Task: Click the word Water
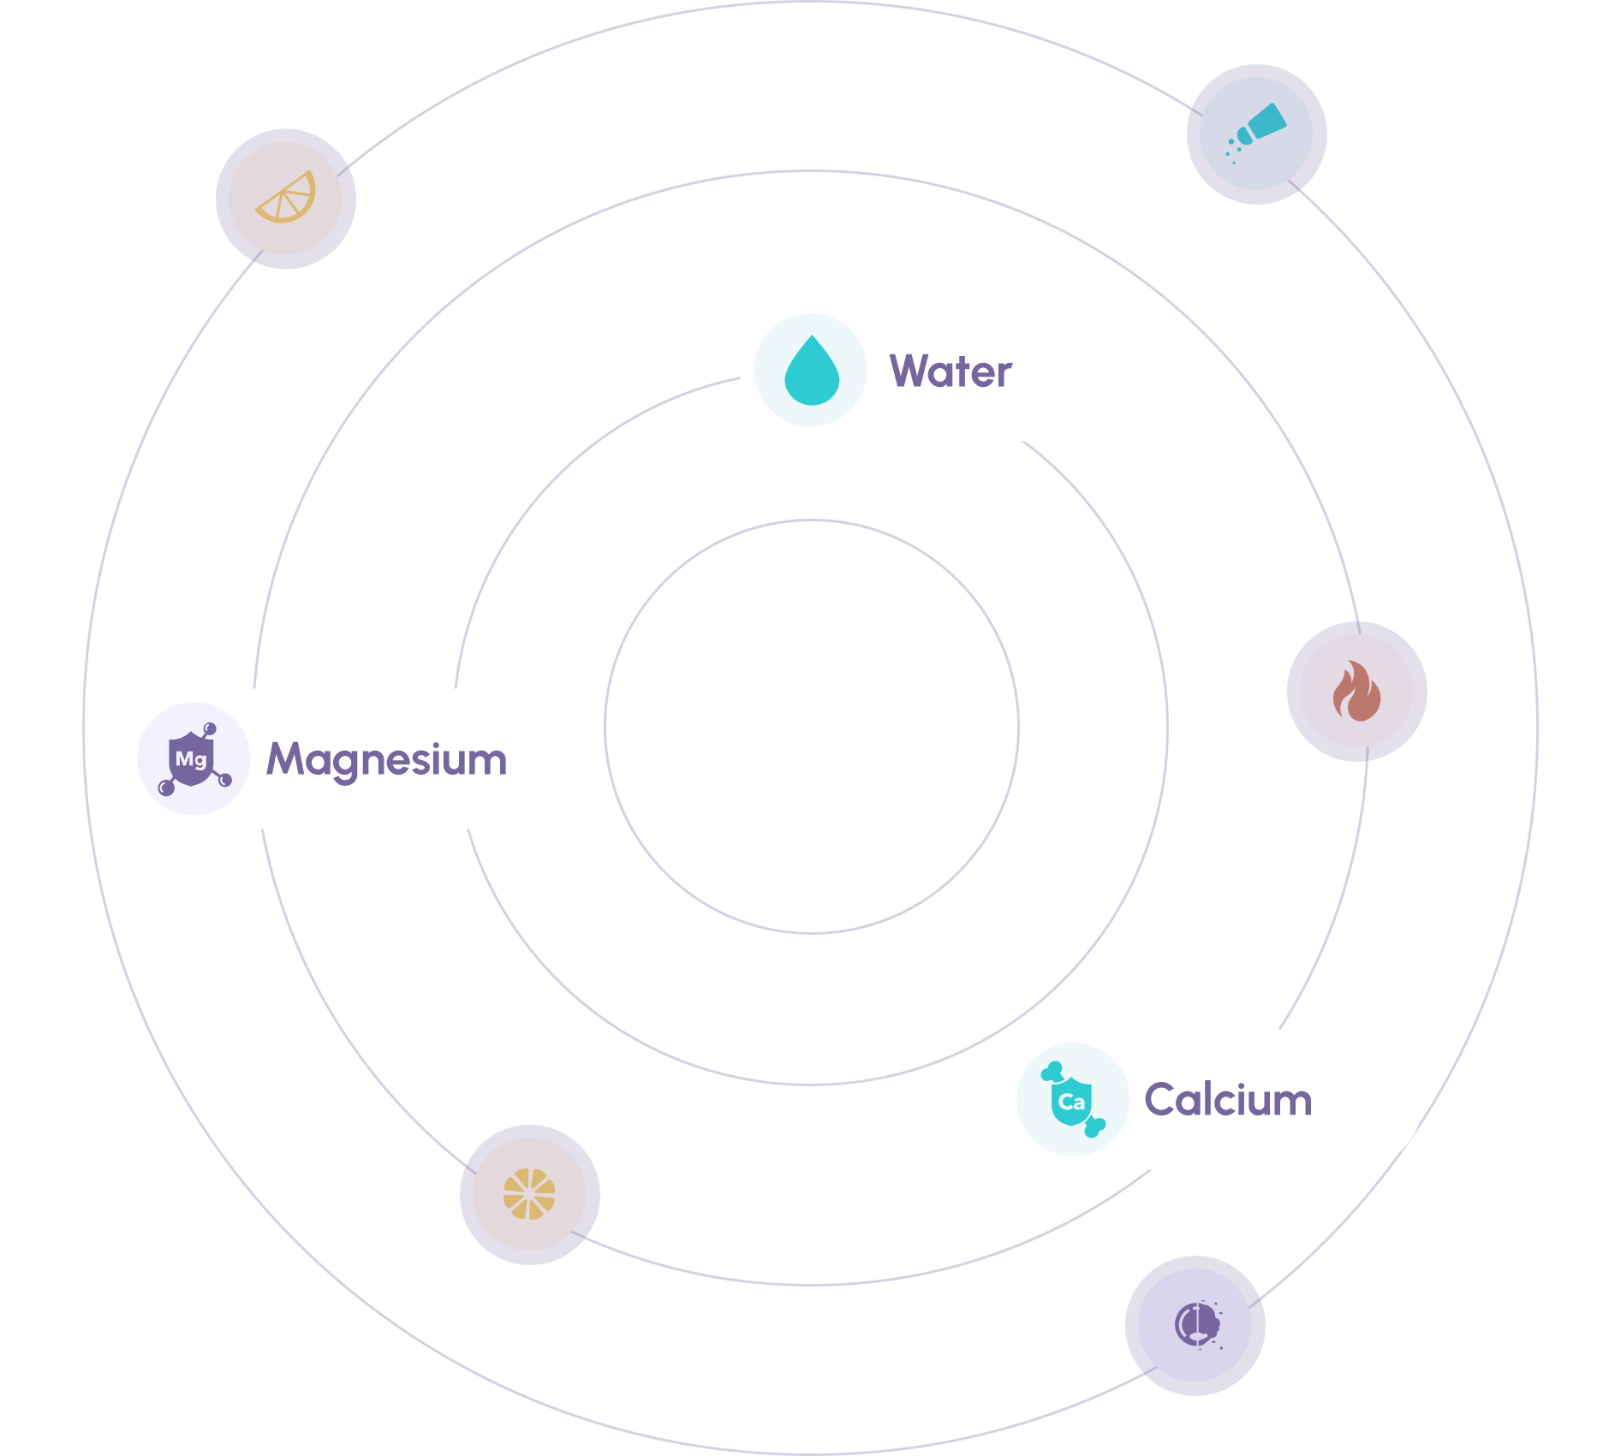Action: coord(951,371)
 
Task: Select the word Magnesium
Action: coord(387,759)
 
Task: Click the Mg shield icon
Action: coord(194,758)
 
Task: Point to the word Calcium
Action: coord(1228,1100)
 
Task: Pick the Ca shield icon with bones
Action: coord(1072,1100)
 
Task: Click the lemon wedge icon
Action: coord(286,199)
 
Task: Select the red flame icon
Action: coord(1356,692)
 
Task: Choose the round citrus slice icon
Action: coord(529,1194)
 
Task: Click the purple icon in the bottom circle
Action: coord(1195,1325)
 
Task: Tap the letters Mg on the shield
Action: coord(191,759)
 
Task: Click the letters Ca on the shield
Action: coord(1071,1102)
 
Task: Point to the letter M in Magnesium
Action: coord(287,759)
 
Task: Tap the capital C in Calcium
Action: coord(1161,1100)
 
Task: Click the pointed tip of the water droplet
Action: coord(812,338)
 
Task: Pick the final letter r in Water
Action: coord(1004,375)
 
